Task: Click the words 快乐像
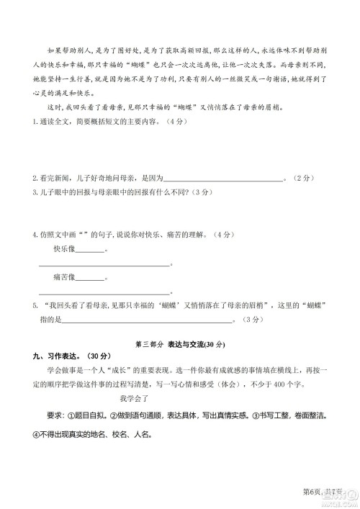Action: pyautogui.click(x=63, y=250)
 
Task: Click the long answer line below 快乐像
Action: pyautogui.click(x=104, y=266)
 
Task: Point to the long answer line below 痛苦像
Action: pyautogui.click(x=104, y=293)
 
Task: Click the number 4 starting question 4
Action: pyautogui.click(x=35, y=234)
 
